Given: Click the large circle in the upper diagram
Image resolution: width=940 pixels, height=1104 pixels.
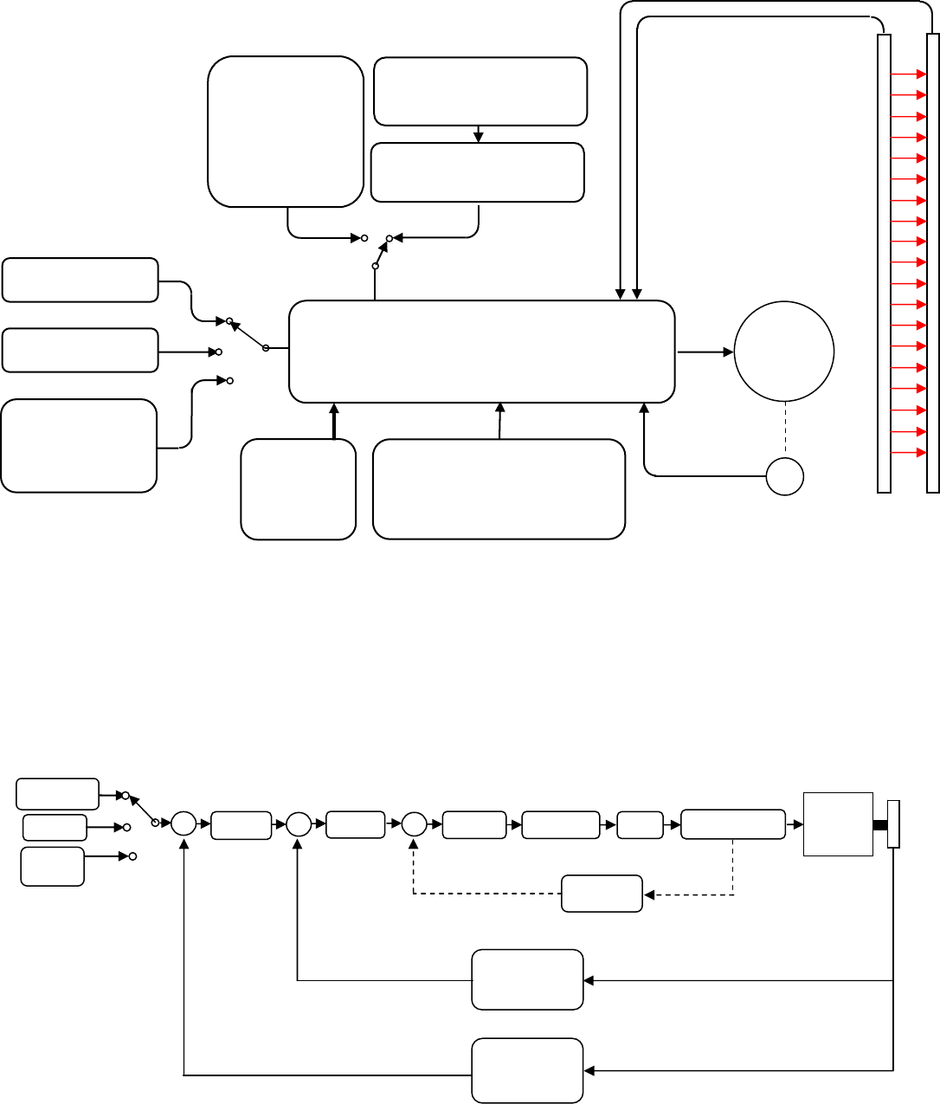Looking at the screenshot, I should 784,352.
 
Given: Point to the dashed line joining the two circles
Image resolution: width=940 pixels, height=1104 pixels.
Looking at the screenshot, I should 785,429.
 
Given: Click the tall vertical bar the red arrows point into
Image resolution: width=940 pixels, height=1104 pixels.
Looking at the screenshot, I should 932,263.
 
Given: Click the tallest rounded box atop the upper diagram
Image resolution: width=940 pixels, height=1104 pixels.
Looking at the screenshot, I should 286,132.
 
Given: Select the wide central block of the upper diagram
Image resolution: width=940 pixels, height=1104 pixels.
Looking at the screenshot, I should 481,352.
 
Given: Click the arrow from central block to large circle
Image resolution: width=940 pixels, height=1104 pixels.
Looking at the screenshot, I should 705,352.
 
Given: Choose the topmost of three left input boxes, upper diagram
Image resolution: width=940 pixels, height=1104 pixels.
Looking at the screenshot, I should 80,280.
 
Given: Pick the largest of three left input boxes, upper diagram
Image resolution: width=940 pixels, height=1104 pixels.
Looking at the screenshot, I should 80,446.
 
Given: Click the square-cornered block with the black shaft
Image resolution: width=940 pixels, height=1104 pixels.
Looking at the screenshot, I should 838,823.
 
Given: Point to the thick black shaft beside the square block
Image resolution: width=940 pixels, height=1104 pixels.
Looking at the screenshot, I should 880,824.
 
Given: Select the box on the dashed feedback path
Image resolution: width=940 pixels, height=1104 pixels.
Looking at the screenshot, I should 602,894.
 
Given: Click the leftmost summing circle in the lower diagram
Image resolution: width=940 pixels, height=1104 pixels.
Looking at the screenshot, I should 183,823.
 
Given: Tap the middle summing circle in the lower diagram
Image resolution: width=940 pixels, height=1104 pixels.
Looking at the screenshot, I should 299,824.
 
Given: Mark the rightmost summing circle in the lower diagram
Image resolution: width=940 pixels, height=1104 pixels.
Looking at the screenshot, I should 415,824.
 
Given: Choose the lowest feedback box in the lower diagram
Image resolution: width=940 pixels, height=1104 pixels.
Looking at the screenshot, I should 527,1070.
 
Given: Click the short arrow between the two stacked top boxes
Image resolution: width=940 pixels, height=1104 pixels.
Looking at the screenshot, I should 479,134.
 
